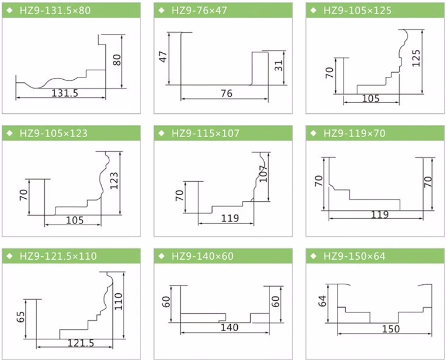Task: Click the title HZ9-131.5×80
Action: pos(55,10)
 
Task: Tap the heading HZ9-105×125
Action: pos(358,10)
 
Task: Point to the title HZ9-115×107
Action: pos(205,133)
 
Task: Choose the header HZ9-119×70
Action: pos(355,133)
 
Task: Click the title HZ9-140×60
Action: pos(203,256)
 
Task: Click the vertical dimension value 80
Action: pos(117,61)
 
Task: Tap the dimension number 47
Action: pos(163,56)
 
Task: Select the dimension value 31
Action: pos(278,67)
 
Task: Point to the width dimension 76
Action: pos(227,94)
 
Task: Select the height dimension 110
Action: pos(119,301)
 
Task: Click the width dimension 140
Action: pos(229,328)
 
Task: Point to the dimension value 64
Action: pos(322,301)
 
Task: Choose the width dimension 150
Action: pos(391,329)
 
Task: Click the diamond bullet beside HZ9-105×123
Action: pos(10,133)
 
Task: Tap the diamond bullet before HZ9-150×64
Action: pos(314,256)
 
